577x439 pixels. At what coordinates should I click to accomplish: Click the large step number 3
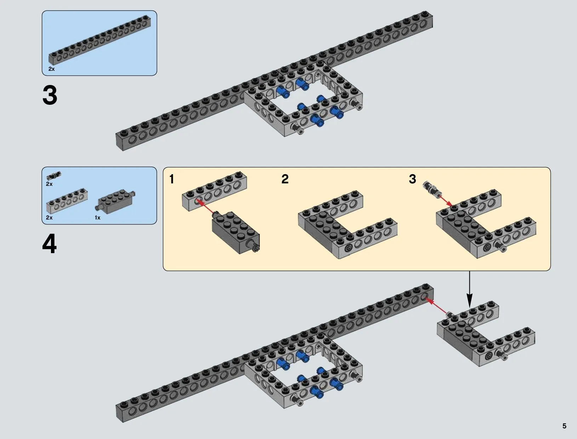point(50,96)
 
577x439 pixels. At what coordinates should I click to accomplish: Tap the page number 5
point(564,426)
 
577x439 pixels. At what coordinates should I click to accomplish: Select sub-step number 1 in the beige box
point(172,179)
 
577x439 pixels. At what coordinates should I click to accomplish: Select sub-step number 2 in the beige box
point(285,179)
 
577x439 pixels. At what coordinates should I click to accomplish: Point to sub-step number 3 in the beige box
point(412,179)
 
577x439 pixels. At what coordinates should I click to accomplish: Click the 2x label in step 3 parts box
point(52,69)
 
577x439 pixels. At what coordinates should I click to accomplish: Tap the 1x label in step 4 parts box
point(98,218)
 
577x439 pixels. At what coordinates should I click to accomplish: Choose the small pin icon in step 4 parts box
point(54,175)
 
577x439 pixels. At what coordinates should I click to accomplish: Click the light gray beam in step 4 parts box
point(67,201)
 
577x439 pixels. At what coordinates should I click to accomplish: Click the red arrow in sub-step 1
point(206,207)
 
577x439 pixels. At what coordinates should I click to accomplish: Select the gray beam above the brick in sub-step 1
point(215,192)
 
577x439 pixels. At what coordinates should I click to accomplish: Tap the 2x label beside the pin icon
point(49,184)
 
